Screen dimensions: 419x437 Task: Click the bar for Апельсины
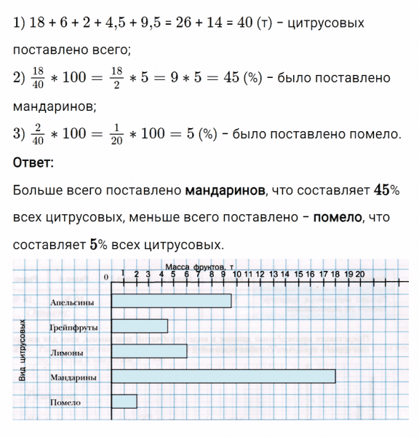coord(171,301)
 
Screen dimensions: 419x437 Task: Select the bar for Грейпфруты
coord(139,326)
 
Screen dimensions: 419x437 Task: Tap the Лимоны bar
coord(148,351)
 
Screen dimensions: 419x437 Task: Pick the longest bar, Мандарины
coord(223,376)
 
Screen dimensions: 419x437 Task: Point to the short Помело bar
coord(124,401)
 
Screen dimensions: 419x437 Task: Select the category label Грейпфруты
coord(73,328)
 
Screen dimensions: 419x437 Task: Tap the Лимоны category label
coord(67,353)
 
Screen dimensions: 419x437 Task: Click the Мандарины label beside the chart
coord(74,378)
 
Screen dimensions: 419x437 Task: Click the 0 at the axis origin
coord(105,277)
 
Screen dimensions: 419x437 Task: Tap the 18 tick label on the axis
coord(335,274)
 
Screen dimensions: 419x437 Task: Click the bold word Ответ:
coord(33,162)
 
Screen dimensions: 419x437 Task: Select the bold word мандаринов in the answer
coord(226,190)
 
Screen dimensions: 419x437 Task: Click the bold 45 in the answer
coord(381,189)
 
